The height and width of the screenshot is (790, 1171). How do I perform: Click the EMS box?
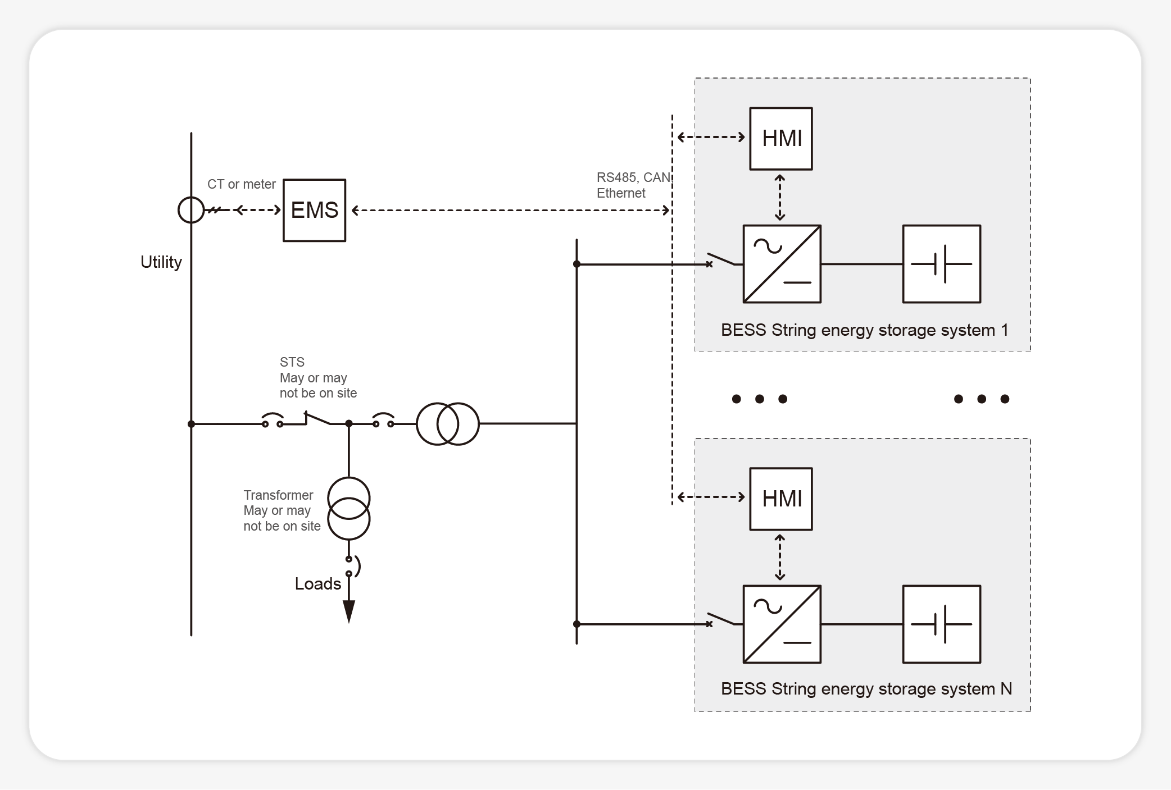pos(314,211)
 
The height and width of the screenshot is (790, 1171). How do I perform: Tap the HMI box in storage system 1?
pos(780,139)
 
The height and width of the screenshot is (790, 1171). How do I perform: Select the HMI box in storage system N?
pos(780,499)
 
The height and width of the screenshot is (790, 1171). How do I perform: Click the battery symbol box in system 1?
pos(941,264)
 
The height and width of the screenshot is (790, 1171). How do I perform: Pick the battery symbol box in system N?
pos(941,624)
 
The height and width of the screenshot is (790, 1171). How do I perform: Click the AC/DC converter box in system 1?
pos(782,264)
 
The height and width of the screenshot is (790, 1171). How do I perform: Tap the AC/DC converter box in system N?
pos(782,624)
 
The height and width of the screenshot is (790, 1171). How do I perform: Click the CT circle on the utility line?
pos(191,210)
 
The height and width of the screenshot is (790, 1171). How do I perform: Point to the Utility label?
pos(161,262)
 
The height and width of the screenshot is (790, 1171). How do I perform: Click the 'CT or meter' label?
pos(241,184)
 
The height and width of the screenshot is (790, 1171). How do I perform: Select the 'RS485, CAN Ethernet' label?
pos(633,185)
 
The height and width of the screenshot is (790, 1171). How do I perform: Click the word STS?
pos(292,362)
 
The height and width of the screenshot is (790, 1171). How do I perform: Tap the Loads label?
pos(317,584)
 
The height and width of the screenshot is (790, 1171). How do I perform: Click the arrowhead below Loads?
pos(349,611)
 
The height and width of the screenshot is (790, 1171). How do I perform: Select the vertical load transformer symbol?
pos(349,509)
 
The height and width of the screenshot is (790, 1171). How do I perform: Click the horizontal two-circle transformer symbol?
pos(448,424)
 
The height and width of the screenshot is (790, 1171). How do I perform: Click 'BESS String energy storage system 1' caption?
pos(864,330)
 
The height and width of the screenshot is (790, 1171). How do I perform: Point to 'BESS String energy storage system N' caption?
pos(866,689)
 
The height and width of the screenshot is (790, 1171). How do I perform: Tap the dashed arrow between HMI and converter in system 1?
pos(780,198)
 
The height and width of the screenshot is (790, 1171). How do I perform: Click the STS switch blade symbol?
pos(317,418)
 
